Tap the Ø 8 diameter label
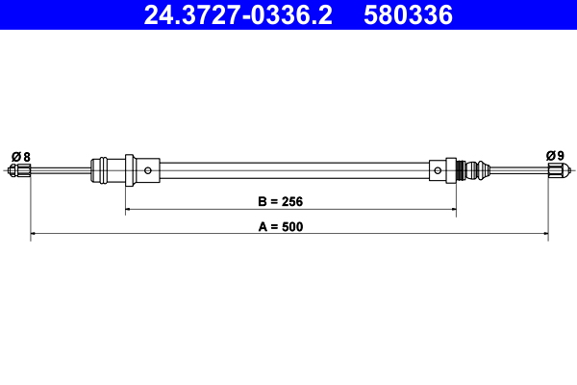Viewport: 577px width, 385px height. coord(20,156)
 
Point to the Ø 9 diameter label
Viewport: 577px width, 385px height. coord(555,156)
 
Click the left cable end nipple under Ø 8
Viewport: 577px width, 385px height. coord(20,172)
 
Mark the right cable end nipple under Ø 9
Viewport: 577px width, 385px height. coord(555,172)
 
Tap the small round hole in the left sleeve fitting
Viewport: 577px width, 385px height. coord(148,171)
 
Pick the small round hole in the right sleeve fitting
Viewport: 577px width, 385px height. coord(439,171)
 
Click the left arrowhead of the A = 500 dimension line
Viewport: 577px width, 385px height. coord(35,234)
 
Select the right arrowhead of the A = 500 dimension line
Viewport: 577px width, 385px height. coord(544,234)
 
